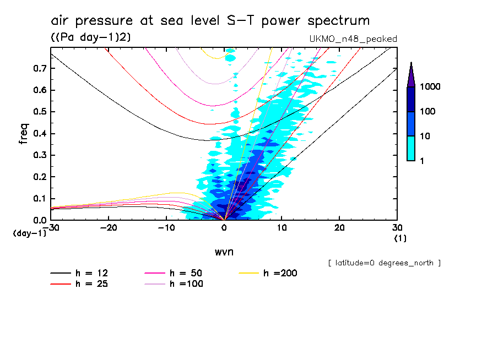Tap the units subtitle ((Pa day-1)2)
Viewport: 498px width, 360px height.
pyautogui.click(x=86, y=37)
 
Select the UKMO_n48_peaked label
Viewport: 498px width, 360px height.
pyautogui.click(x=353, y=39)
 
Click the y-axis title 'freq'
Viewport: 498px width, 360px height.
pyautogui.click(x=23, y=134)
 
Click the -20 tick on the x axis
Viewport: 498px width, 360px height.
pyautogui.click(x=109, y=227)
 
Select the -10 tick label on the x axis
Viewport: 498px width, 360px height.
pyautogui.click(x=166, y=227)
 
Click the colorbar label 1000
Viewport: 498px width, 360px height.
pyautogui.click(x=431, y=87)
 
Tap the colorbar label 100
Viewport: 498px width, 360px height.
pyautogui.click(x=429, y=112)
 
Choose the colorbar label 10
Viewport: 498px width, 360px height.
pyautogui.click(x=426, y=136)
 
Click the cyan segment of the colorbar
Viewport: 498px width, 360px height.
pyautogui.click(x=411, y=148)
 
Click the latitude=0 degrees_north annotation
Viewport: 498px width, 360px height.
pyautogui.click(x=384, y=263)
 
